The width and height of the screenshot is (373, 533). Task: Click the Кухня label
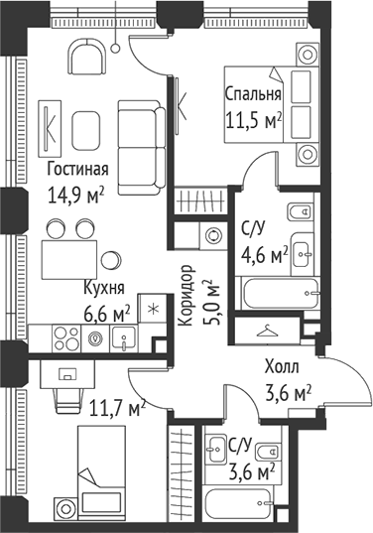click(x=103, y=289)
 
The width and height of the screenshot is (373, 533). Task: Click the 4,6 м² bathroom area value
click(x=264, y=255)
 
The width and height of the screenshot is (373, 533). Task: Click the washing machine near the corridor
click(x=212, y=234)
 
